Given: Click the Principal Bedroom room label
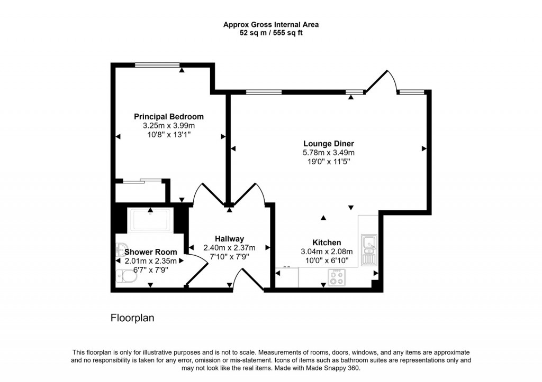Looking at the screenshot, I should pos(168,117).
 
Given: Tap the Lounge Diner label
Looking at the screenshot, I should pos(328,144).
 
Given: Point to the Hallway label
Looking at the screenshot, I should pos(229,239).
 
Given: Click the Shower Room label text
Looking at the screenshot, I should pos(147,252).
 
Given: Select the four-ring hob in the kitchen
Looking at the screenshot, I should pos(336,277).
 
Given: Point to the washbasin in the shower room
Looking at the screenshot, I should pos(121,249).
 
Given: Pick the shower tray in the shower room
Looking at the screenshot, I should pos(150,220).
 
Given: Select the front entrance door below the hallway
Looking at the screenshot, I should pos(248,280).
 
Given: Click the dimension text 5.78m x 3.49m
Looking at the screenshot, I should pos(328,153).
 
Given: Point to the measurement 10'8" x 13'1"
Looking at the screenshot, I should pos(168,135).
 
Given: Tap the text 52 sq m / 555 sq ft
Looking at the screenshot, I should pos(270,33).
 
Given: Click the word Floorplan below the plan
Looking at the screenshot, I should pos(132,318).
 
